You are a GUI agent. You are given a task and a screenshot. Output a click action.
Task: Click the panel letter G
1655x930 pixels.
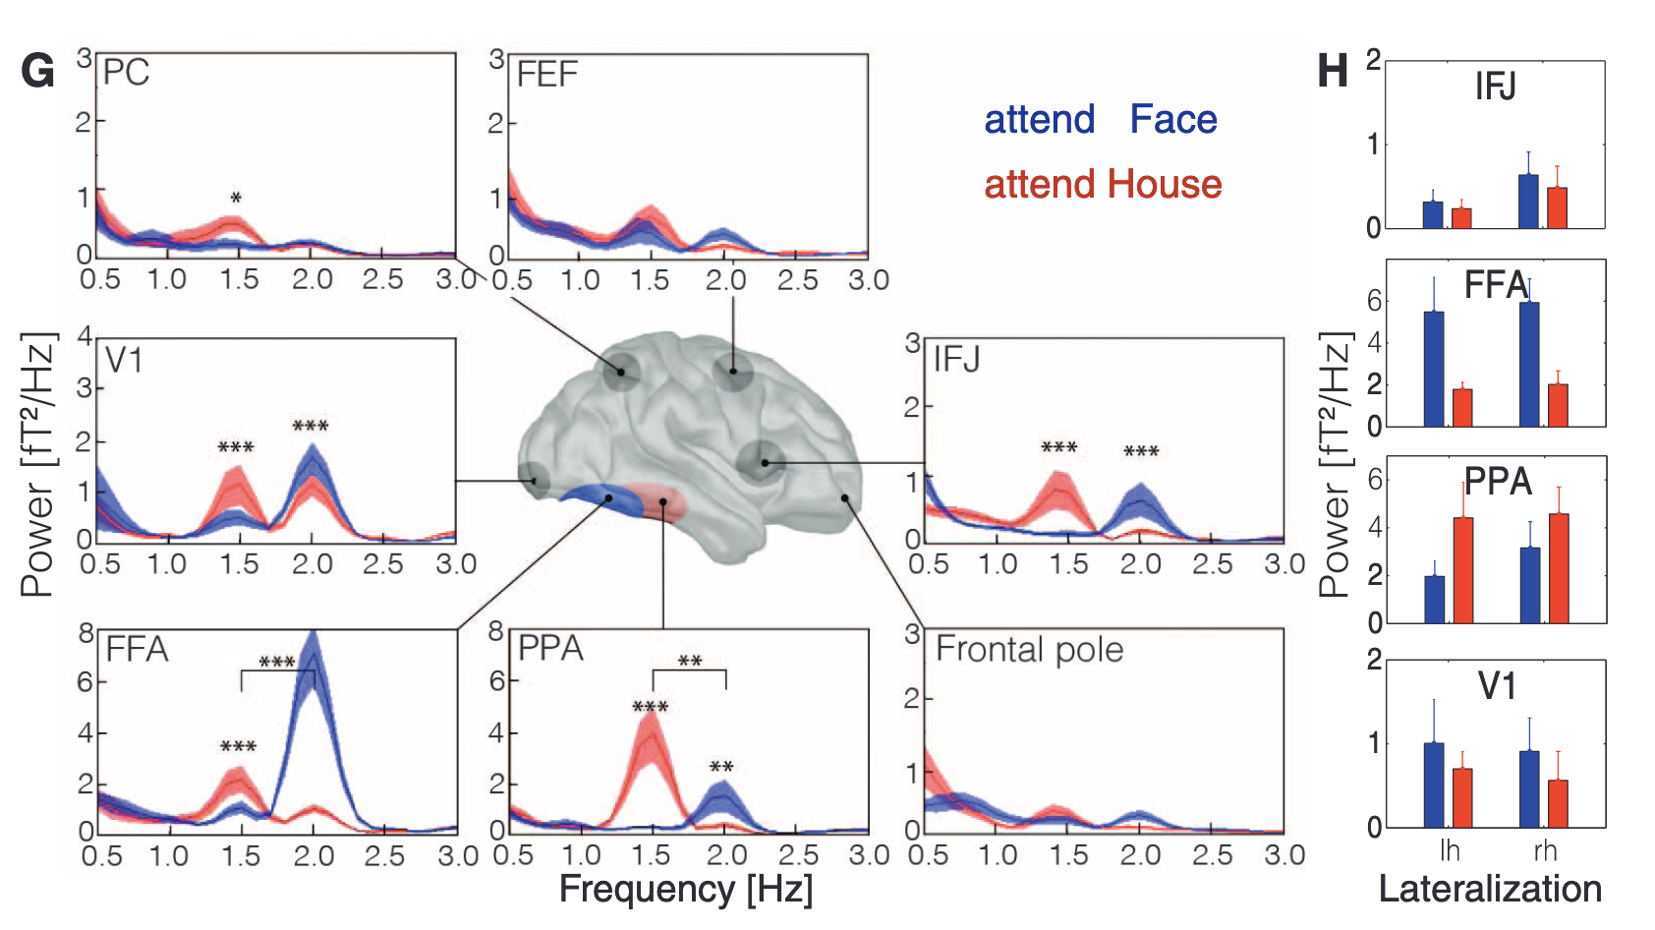click(x=37, y=72)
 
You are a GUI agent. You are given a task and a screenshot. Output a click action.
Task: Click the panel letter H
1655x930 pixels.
click(x=1333, y=71)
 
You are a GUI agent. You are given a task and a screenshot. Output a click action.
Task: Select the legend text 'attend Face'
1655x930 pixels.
click(x=1100, y=120)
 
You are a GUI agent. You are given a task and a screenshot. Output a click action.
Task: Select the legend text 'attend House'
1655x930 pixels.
click(x=1103, y=185)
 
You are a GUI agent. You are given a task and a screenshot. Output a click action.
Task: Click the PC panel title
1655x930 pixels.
click(x=126, y=73)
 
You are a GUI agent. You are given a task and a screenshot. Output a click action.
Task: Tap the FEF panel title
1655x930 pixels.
click(x=547, y=75)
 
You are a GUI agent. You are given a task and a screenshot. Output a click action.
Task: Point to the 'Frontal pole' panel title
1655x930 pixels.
click(x=1029, y=650)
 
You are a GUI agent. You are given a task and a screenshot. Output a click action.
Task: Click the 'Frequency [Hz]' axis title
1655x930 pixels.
click(x=686, y=890)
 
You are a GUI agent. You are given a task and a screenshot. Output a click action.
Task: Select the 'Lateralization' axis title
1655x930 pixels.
click(x=1490, y=890)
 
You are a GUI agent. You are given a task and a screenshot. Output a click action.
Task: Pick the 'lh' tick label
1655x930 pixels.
click(x=1450, y=850)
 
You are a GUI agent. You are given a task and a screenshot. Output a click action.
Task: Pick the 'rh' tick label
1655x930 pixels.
click(x=1545, y=850)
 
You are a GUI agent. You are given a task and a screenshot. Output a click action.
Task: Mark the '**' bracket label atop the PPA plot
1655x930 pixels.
click(x=690, y=662)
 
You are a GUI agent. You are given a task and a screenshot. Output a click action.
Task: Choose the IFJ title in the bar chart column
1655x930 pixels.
click(x=1495, y=87)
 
